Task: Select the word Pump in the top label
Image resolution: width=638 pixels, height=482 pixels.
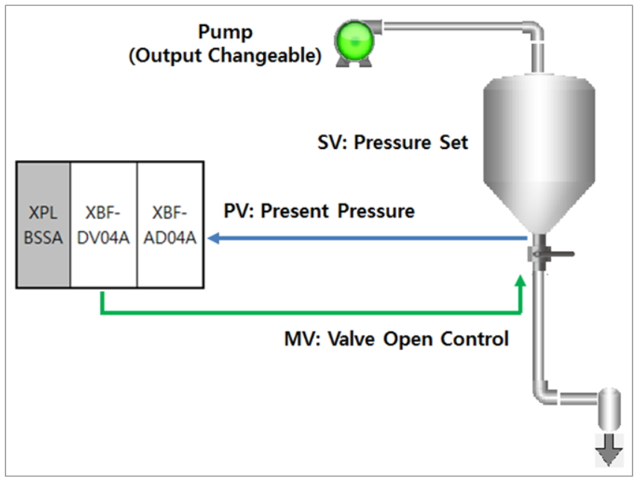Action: click(225, 32)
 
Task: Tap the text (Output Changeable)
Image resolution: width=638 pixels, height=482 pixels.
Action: click(225, 57)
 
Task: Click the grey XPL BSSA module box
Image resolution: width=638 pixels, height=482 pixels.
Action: click(43, 224)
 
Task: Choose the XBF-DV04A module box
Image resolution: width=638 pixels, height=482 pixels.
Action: click(104, 224)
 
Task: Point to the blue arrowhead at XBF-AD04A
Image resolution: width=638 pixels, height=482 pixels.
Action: click(213, 238)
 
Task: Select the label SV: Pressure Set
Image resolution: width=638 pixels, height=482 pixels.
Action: click(393, 142)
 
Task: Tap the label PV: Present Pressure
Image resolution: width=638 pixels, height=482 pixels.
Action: click(319, 211)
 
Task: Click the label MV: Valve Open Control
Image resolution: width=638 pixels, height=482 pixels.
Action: click(397, 339)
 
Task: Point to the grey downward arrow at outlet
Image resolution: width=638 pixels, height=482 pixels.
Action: click(609, 451)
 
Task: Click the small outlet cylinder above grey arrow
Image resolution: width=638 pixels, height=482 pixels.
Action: click(609, 410)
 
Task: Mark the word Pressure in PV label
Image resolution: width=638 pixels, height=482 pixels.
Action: click(376, 211)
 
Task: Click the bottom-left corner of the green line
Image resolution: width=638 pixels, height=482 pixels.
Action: click(102, 311)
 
